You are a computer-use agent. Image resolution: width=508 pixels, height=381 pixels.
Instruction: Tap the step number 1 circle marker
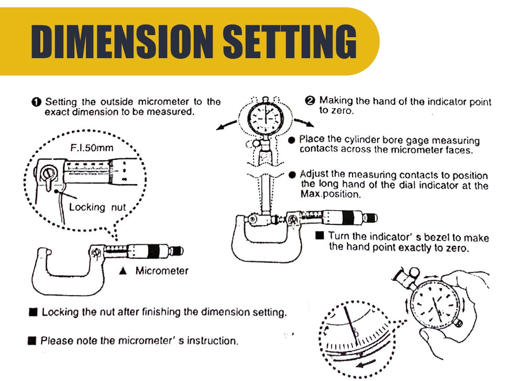pyautogui.click(x=37, y=102)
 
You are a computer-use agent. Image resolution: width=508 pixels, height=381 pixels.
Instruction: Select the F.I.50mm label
pyautogui.click(x=92, y=148)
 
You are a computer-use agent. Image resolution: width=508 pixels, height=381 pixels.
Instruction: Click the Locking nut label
pyautogui.click(x=97, y=207)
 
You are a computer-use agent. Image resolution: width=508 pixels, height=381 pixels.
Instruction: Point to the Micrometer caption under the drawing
pyautogui.click(x=162, y=271)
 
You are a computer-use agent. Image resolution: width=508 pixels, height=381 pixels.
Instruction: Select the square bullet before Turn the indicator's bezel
pyautogui.click(x=320, y=236)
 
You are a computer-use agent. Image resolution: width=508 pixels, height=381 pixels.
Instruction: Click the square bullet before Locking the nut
pyautogui.click(x=34, y=312)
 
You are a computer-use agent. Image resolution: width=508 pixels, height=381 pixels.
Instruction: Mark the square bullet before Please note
pyautogui.click(x=32, y=341)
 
